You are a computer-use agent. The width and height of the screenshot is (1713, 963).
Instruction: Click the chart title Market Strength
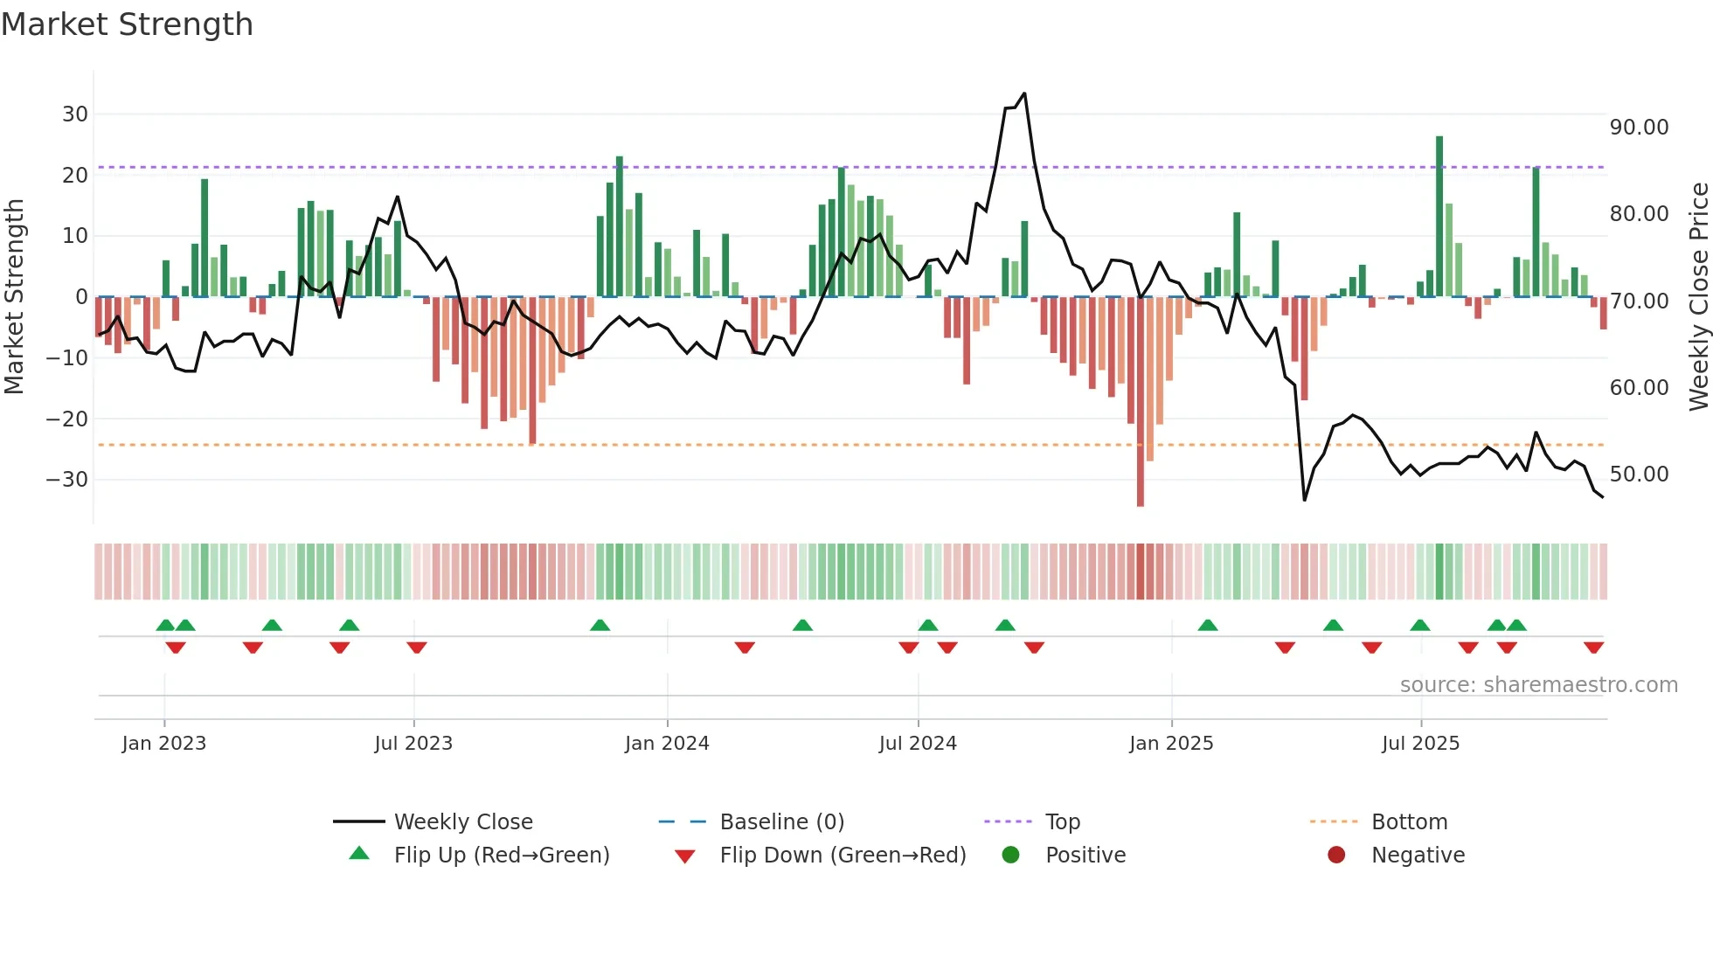coord(127,24)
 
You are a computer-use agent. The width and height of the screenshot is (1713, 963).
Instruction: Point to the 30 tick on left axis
coord(75,114)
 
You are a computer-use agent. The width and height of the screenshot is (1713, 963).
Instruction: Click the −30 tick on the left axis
coord(67,480)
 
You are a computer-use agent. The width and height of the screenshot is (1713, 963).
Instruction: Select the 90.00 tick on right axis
coord(1639,128)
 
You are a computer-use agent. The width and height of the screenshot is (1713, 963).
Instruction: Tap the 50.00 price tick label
coord(1639,475)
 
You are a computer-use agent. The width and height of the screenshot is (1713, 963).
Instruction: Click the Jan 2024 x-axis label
coord(667,744)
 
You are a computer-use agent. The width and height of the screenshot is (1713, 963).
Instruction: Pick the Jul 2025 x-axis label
coord(1420,744)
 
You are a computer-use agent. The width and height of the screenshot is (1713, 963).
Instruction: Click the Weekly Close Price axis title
coord(1698,297)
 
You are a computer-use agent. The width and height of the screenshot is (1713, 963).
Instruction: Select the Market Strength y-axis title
coord(14,297)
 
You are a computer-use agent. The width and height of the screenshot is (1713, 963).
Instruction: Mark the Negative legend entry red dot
coord(1336,856)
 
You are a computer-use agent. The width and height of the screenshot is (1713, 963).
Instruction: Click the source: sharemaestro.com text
coord(1538,685)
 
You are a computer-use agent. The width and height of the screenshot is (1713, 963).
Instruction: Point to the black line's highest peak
coord(1024,94)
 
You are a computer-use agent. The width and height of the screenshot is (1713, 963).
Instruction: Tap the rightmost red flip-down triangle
coord(1593,648)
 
